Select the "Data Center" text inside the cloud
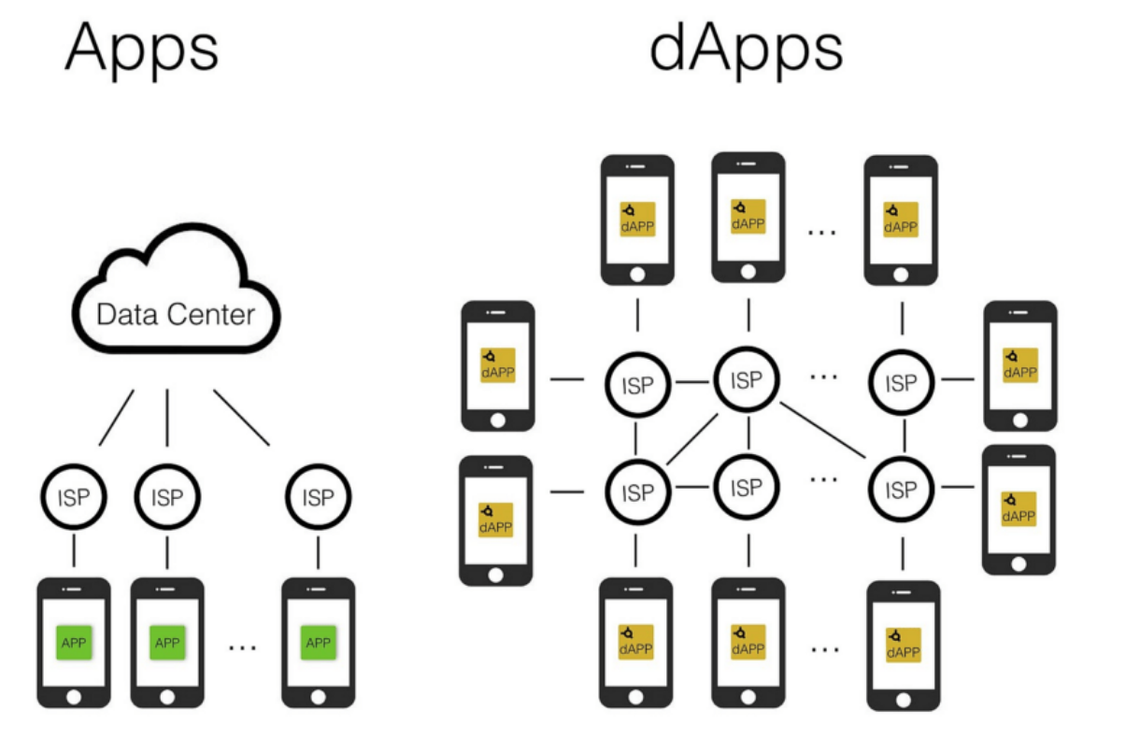pos(176,314)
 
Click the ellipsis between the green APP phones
pos(242,645)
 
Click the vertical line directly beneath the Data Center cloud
pos(167,418)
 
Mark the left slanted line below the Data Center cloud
pos(117,417)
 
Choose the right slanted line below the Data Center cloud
pos(241,417)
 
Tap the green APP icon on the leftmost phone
pos(74,643)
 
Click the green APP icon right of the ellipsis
pos(319,643)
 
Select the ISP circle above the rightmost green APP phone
pos(319,498)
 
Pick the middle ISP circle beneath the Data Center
pos(167,498)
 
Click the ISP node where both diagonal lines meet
pos(747,380)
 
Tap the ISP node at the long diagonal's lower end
pos(901,488)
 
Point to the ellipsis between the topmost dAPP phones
pos(821,229)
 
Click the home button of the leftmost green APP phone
pos(74,697)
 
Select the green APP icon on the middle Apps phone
pos(167,643)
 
